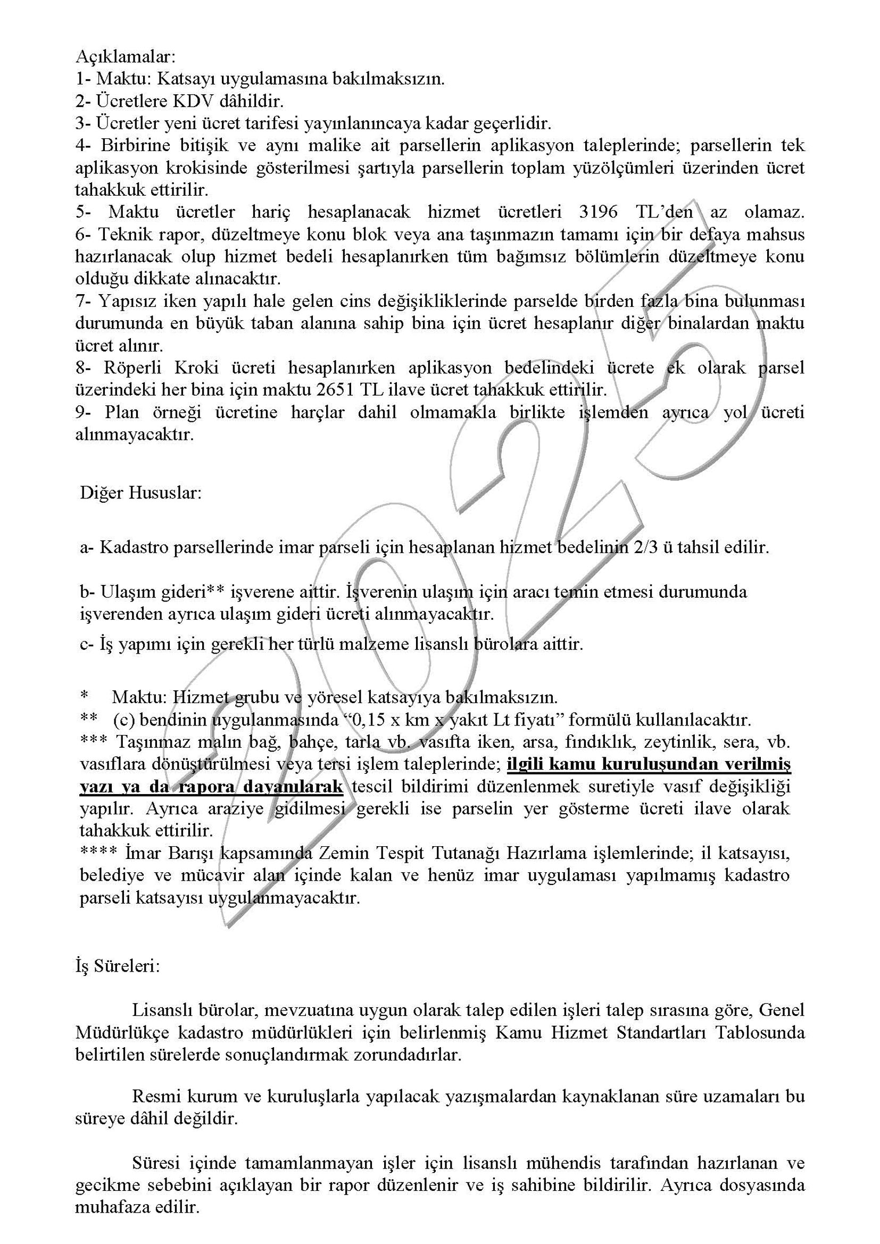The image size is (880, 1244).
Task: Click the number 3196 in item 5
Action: click(597, 212)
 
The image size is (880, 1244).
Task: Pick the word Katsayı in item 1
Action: click(179, 79)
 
